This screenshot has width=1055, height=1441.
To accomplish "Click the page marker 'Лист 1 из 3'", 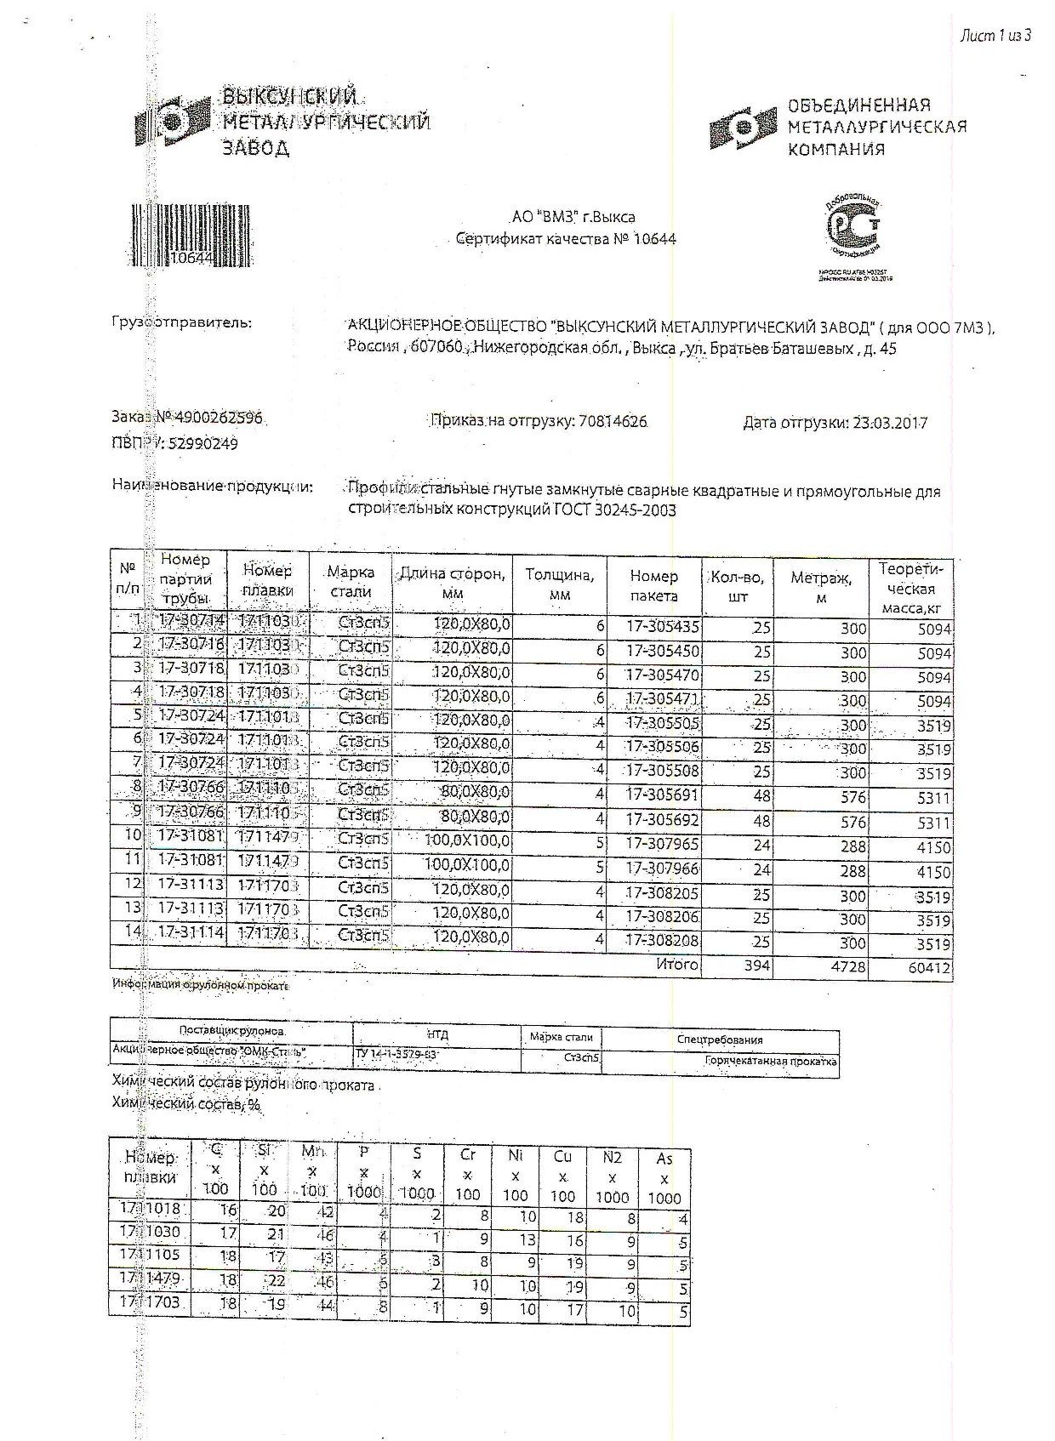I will [x=995, y=35].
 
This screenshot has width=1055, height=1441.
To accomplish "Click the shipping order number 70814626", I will [x=612, y=421].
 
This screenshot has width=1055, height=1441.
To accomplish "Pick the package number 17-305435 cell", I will [x=662, y=627].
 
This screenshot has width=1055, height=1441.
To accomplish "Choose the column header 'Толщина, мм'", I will [x=560, y=584].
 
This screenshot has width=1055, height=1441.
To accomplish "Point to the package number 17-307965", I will [x=662, y=845].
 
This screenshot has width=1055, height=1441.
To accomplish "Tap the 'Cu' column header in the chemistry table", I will [x=562, y=1156].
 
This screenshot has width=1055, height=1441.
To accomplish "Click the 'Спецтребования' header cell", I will [x=720, y=1039].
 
